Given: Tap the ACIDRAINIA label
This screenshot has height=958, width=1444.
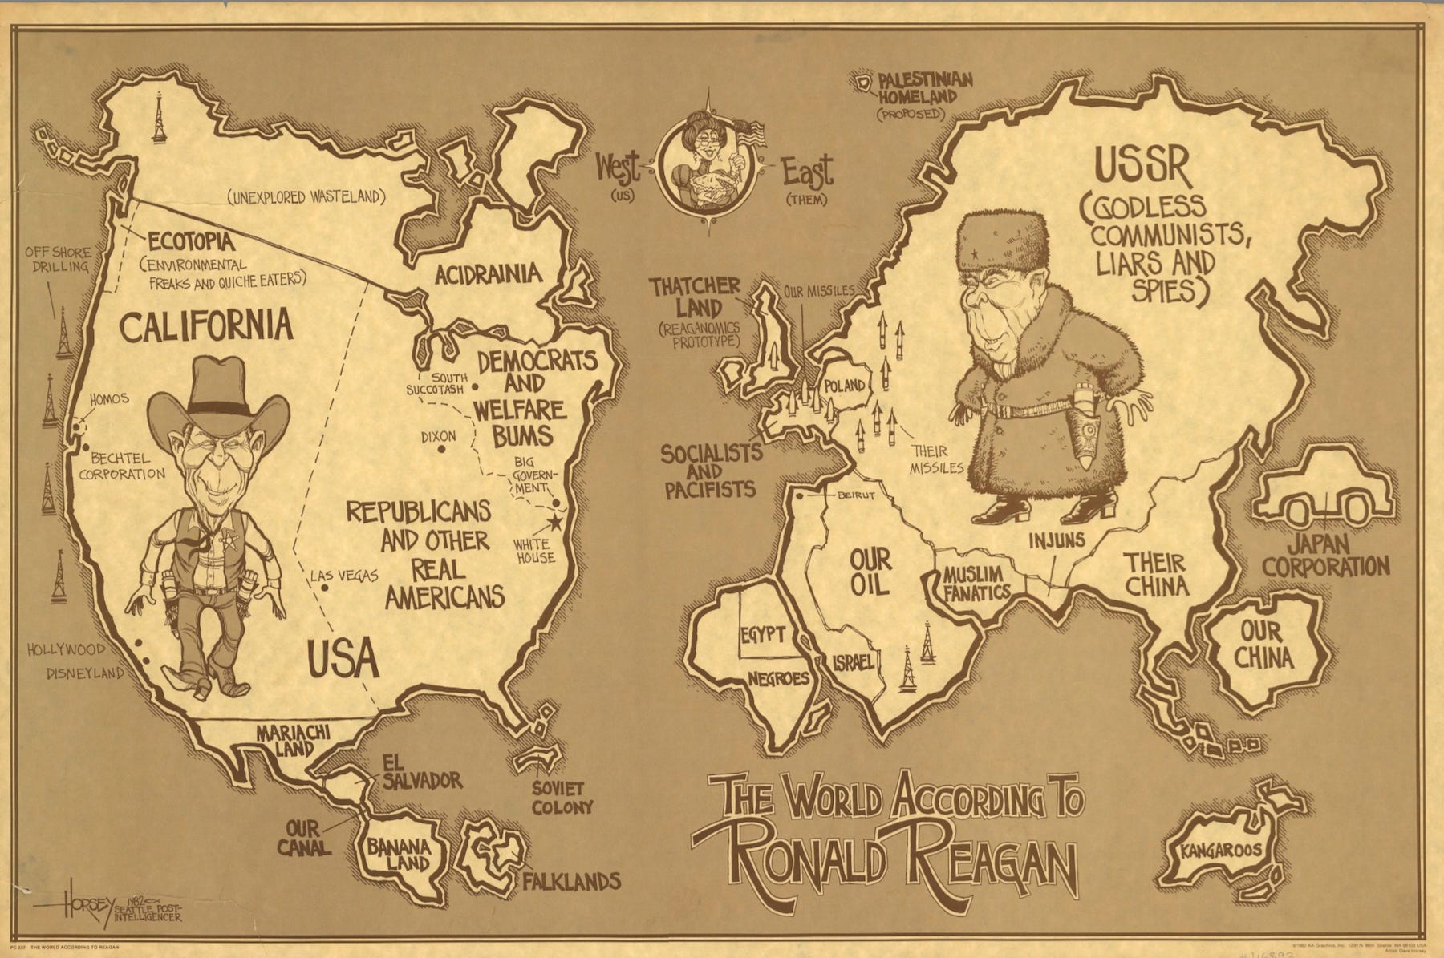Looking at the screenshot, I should click(x=488, y=274).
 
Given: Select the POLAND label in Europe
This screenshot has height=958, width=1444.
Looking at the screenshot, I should click(x=845, y=386).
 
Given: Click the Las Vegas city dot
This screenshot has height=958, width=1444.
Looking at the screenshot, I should click(x=324, y=588).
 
